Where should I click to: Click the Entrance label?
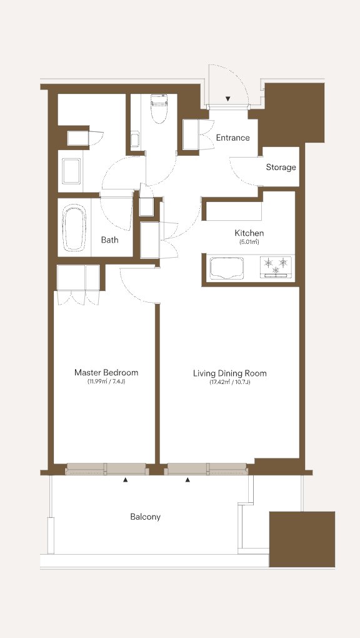click(232, 138)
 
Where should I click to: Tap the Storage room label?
click(281, 167)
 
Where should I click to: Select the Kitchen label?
click(249, 233)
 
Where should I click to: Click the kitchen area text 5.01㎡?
click(249, 242)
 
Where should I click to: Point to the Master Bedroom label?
click(106, 372)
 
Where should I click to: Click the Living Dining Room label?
click(230, 373)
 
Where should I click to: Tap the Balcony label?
click(145, 517)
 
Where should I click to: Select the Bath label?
click(110, 240)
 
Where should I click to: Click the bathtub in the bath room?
click(74, 227)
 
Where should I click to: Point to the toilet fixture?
click(158, 109)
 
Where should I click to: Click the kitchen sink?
click(226, 268)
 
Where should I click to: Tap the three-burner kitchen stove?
click(276, 267)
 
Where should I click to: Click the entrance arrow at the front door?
click(228, 99)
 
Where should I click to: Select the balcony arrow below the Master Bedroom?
click(125, 480)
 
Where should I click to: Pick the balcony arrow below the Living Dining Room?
click(187, 480)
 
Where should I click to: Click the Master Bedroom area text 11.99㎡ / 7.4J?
click(106, 382)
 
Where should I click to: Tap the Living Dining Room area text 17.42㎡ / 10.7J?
click(230, 382)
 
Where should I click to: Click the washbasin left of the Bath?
click(71, 171)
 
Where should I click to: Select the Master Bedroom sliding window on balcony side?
click(106, 469)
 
